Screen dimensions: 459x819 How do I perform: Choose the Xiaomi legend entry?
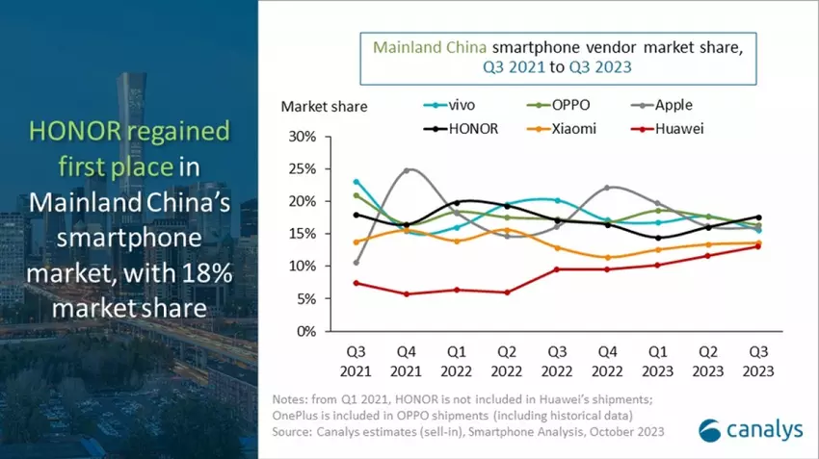pyautogui.click(x=570, y=127)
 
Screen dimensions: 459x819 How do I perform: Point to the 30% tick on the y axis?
pyautogui.click(x=304, y=137)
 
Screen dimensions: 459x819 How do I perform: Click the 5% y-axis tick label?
pyautogui.click(x=306, y=298)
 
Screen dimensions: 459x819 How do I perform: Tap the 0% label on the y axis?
pyautogui.click(x=306, y=331)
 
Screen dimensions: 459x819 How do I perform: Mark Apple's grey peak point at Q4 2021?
pyautogui.click(x=407, y=170)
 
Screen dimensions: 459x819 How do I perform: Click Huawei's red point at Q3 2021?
pyautogui.click(x=357, y=283)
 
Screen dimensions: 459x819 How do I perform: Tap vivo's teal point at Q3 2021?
pyautogui.click(x=357, y=181)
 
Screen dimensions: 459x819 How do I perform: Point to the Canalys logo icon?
pyautogui.click(x=711, y=430)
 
